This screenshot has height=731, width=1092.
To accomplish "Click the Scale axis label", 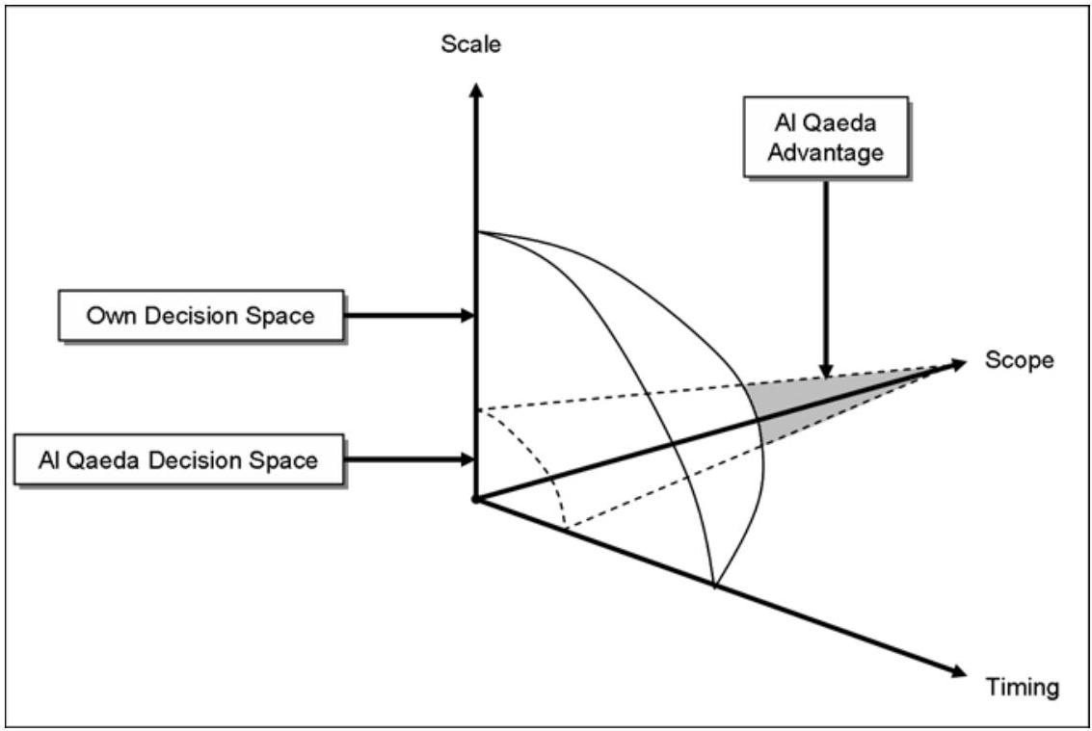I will (x=470, y=44).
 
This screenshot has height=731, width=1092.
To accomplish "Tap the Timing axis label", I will (x=1022, y=687).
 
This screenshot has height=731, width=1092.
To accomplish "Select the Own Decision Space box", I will (x=200, y=315).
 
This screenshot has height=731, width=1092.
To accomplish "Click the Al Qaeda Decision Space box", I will (x=178, y=459).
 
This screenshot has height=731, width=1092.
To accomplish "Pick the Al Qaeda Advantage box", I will (x=825, y=136).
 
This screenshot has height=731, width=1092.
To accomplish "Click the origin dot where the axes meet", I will (x=474, y=499).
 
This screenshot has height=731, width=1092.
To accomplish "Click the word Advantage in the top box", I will (x=826, y=152).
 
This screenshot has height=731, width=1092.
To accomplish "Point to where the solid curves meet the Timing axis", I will (x=714, y=585).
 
